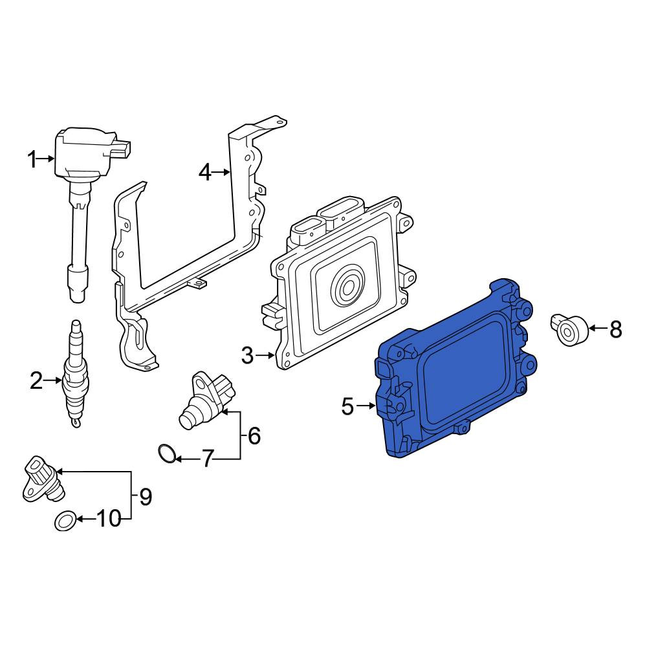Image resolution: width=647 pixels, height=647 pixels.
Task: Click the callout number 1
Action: pos(32,159)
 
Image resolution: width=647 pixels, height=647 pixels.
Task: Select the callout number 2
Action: pos(36,380)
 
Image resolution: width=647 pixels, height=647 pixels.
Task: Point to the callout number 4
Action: pos(205,172)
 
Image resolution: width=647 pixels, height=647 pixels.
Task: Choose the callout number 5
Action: pos(348,406)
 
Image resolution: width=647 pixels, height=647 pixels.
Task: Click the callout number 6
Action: pos(254,435)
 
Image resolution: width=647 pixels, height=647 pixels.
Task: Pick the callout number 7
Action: pos(207,459)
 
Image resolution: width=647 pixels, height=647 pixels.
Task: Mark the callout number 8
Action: pos(615,330)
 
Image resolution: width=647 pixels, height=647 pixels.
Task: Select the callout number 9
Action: pos(145,497)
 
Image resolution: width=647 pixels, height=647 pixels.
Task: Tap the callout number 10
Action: pos(109,519)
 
